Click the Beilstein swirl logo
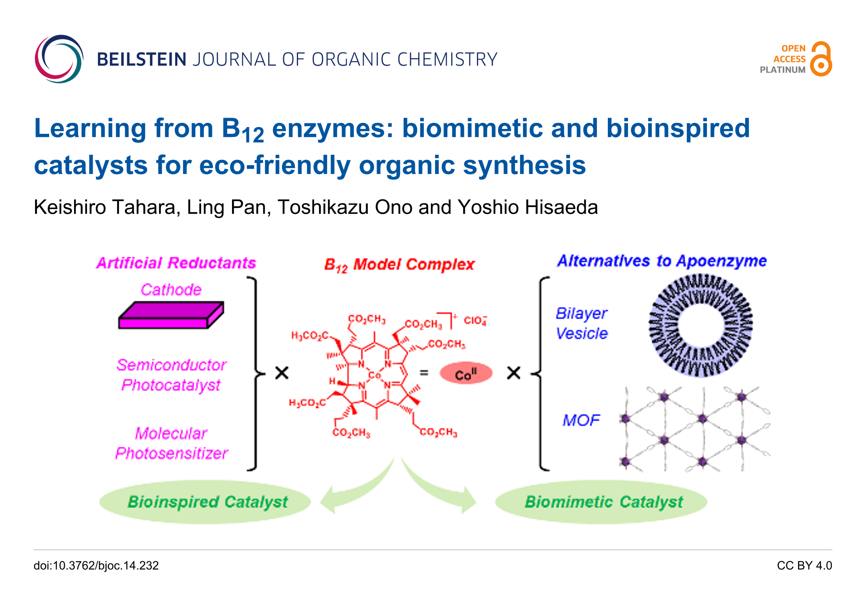click(x=59, y=59)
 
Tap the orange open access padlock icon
click(x=821, y=59)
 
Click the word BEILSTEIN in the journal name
click(x=141, y=60)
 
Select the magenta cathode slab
click(x=171, y=315)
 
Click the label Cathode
click(x=171, y=290)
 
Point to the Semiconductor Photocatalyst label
click(x=171, y=375)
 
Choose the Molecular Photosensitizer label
click(x=171, y=443)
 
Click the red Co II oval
click(x=466, y=373)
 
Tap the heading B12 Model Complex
click(x=399, y=265)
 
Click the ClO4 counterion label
click(x=475, y=320)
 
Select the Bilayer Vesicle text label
click(x=581, y=323)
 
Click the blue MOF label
click(x=581, y=420)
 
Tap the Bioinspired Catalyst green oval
click(x=205, y=502)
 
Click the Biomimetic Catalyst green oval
click(x=601, y=502)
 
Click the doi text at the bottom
click(x=96, y=566)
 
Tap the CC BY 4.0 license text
click(x=804, y=566)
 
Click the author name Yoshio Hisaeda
click(x=528, y=207)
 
